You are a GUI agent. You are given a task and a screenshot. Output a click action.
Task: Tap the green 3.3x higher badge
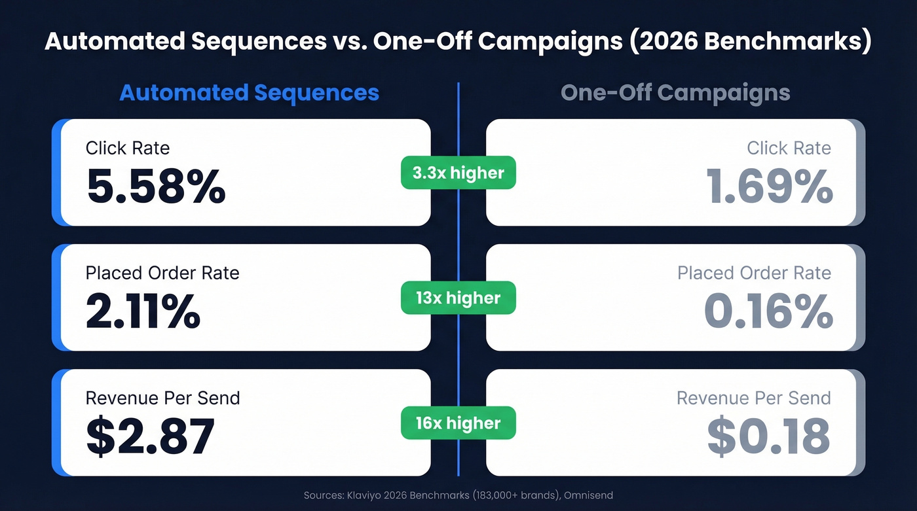coord(458,173)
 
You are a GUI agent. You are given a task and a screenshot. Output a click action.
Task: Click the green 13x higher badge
coord(458,298)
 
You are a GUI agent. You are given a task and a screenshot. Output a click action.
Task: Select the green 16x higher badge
coord(458,423)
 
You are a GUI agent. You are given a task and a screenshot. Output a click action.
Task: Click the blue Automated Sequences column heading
coord(250,92)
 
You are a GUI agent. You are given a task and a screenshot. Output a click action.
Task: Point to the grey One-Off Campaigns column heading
coord(675,92)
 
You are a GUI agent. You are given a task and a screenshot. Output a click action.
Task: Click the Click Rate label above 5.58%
coord(128,148)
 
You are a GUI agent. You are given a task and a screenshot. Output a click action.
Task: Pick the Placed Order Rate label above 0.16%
coord(754,273)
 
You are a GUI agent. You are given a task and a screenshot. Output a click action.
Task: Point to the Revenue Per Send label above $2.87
coord(163,398)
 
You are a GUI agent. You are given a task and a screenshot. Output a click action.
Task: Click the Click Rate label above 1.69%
coord(789,148)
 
